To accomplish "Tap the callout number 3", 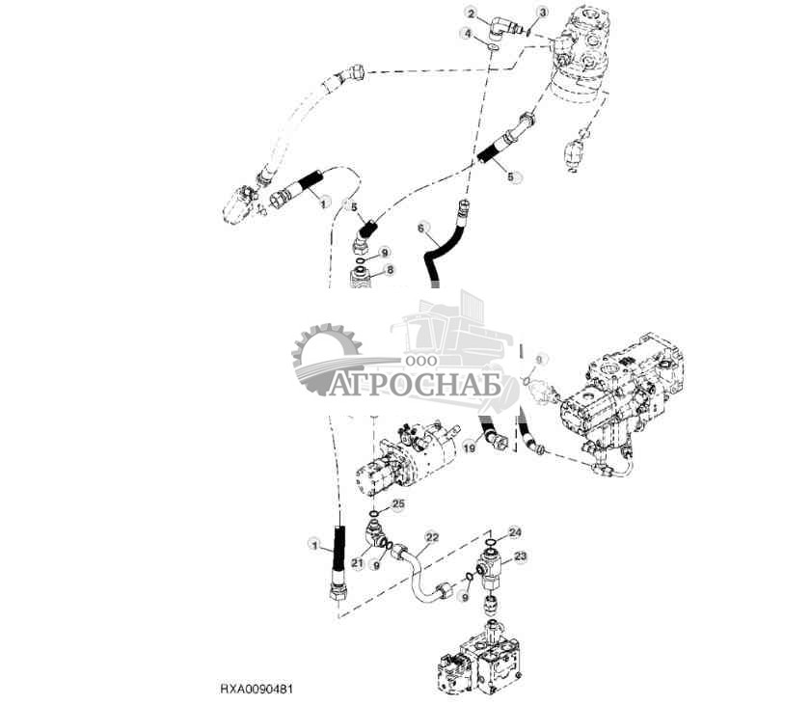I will pyautogui.click(x=543, y=12).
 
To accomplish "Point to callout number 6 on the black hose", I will pyautogui.click(x=420, y=228).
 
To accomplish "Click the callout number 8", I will pyautogui.click(x=390, y=272).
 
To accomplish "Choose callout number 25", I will pyautogui.click(x=398, y=503).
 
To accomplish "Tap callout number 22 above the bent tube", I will pyautogui.click(x=432, y=536).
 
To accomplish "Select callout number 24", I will pyautogui.click(x=514, y=531).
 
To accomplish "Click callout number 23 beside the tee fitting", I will pyautogui.click(x=521, y=556).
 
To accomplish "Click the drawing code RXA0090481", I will pyautogui.click(x=256, y=691).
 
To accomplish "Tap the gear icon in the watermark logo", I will pyautogui.click(x=326, y=360).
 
